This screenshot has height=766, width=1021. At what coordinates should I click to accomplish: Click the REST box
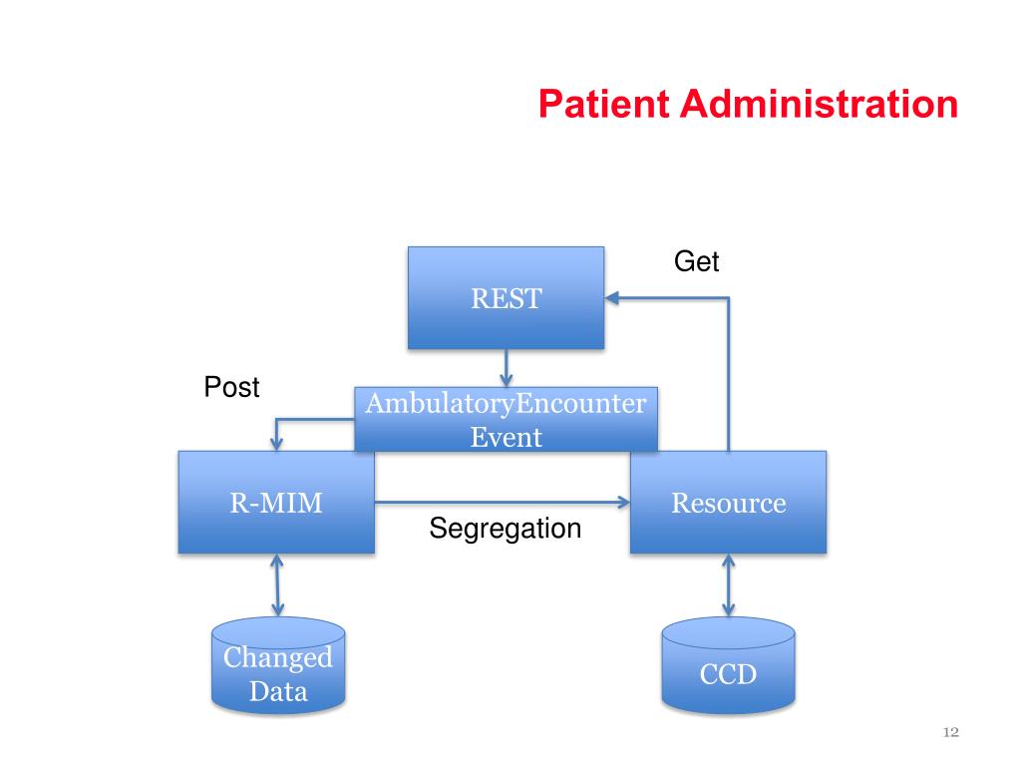[x=506, y=297]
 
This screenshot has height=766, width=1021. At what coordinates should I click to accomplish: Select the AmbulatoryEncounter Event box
[x=507, y=420]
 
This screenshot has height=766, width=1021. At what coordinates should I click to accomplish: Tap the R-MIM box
[x=276, y=502]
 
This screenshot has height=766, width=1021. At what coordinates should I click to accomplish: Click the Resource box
[x=728, y=502]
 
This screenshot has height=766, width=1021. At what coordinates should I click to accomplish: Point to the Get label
[x=696, y=262]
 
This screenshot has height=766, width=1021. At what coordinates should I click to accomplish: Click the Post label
[x=231, y=387]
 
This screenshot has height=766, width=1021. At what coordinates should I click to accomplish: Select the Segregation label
[x=505, y=529]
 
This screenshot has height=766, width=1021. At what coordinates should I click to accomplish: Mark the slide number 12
[x=950, y=733]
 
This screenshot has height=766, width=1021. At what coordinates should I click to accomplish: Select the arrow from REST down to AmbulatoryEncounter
[x=507, y=367]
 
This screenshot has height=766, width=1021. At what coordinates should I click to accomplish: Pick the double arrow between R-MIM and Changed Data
[x=277, y=584]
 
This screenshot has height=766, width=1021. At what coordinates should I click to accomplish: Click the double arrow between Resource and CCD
[x=728, y=584]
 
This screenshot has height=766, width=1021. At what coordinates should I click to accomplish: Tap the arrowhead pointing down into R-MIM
[x=277, y=443]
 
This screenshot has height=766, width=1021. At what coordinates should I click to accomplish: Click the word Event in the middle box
[x=507, y=437]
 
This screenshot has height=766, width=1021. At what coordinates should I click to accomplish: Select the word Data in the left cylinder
[x=278, y=690]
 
